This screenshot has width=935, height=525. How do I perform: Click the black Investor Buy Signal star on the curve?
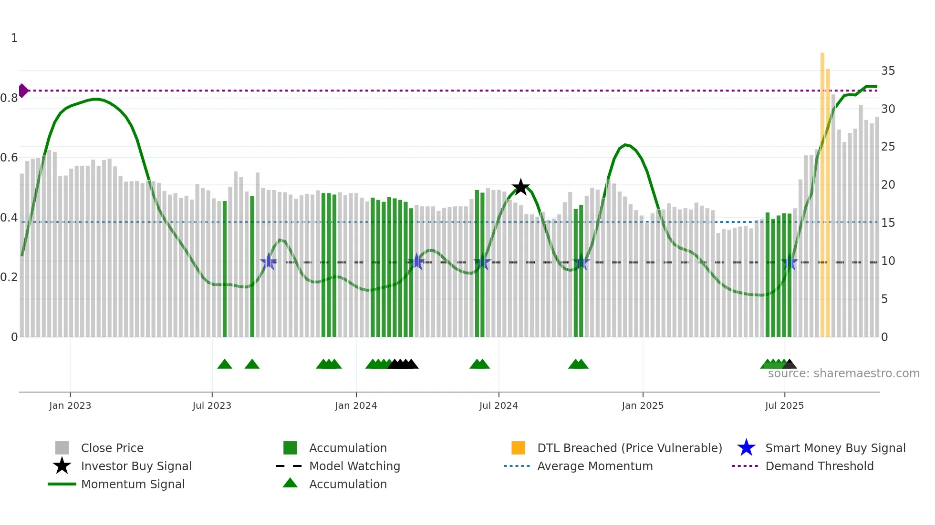click(x=520, y=187)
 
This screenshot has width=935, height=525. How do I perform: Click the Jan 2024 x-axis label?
click(x=356, y=405)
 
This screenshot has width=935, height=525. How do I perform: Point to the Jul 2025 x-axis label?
click(x=784, y=405)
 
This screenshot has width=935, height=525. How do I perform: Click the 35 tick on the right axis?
click(x=888, y=71)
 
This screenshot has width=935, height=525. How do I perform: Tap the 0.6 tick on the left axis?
click(x=9, y=158)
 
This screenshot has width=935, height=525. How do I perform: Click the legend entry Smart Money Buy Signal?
click(x=835, y=448)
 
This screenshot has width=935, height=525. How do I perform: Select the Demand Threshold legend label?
click(x=819, y=466)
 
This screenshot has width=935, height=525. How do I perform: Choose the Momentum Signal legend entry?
click(x=133, y=484)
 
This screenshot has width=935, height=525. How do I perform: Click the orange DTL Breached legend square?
click(x=518, y=448)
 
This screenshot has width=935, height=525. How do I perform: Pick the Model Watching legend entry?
click(x=354, y=466)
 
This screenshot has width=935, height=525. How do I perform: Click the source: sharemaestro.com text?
click(x=843, y=374)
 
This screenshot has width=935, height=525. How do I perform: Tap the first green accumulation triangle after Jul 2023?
click(x=225, y=364)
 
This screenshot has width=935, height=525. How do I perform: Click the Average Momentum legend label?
click(x=594, y=466)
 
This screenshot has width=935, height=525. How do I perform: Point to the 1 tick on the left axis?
click(x=14, y=38)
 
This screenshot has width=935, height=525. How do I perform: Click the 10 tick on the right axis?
click(x=888, y=261)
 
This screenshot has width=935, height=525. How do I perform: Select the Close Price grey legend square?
click(x=62, y=448)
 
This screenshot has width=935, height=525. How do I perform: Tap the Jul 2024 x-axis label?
click(x=499, y=405)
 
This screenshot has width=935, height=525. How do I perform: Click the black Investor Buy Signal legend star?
click(x=62, y=466)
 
